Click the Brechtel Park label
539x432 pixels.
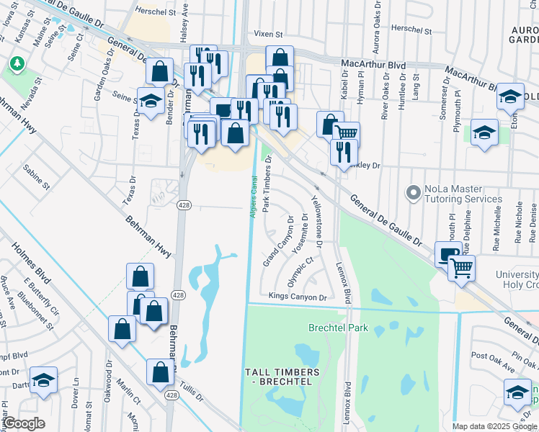click(338, 328)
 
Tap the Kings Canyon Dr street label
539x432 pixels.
click(298, 296)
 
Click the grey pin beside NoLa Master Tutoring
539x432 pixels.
click(413, 193)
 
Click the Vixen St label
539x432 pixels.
click(270, 33)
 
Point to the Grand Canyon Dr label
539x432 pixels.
click(278, 241)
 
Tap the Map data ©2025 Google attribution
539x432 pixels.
click(494, 426)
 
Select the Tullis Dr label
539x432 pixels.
click(192, 389)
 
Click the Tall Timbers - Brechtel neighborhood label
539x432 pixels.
click(282, 377)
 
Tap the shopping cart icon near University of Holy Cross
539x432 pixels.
click(461, 268)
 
